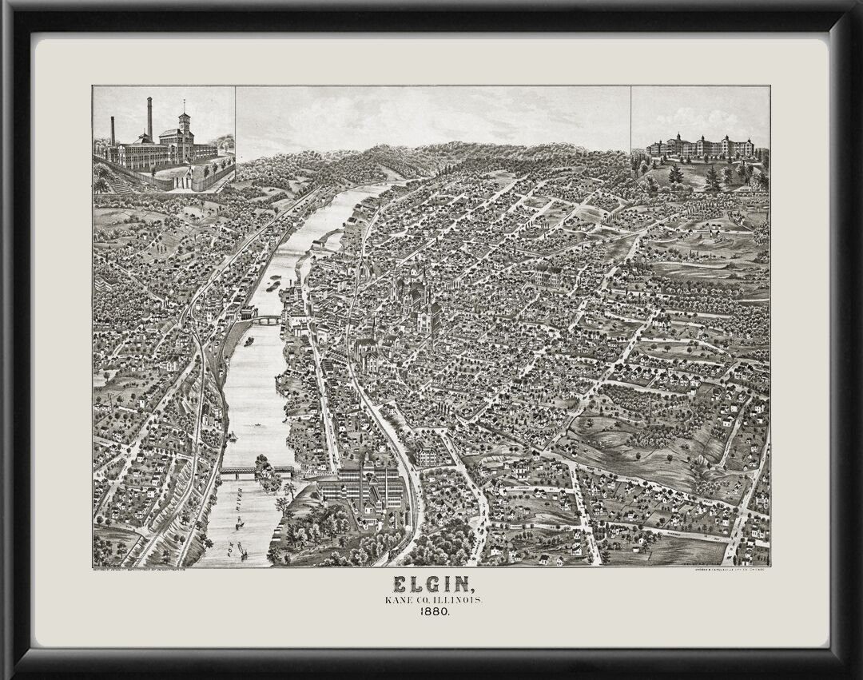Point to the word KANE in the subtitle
(x=397, y=598)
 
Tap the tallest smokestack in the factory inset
(x=149, y=119)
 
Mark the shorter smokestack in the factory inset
(x=113, y=130)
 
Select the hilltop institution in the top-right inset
(x=700, y=147)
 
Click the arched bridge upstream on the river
(x=266, y=320)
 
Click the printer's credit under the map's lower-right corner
(x=727, y=570)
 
